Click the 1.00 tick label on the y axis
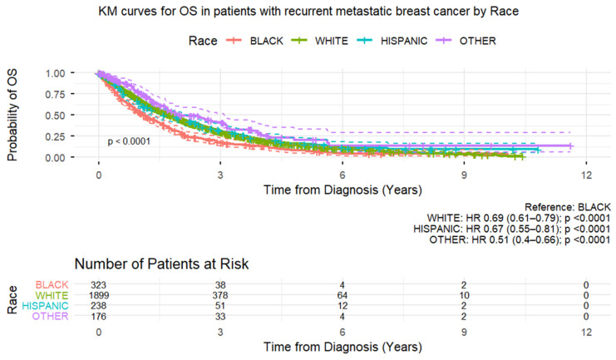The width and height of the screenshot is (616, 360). pos(55,73)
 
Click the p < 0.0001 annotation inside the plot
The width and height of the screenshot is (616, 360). pos(129,141)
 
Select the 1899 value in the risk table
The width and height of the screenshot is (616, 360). pos(99,295)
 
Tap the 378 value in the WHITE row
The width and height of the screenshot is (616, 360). pos(220,295)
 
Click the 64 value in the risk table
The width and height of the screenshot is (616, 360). pos(342,295)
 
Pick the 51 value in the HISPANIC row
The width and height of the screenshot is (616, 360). pos(220,306)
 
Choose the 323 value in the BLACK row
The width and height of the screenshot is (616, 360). pos(99,285)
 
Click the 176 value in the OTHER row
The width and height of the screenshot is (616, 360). pos(99,317)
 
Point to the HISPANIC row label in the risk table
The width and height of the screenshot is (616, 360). pos(45,306)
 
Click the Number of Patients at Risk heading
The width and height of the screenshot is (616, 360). pos(161,264)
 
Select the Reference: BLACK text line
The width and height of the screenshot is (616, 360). pos(567,207)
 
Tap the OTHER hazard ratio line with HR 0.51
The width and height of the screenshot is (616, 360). pos(520,239)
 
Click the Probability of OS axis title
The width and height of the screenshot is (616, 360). pos(12,115)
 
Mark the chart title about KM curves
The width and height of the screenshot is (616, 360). pos(308,12)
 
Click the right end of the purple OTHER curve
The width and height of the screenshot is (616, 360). pos(572,146)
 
